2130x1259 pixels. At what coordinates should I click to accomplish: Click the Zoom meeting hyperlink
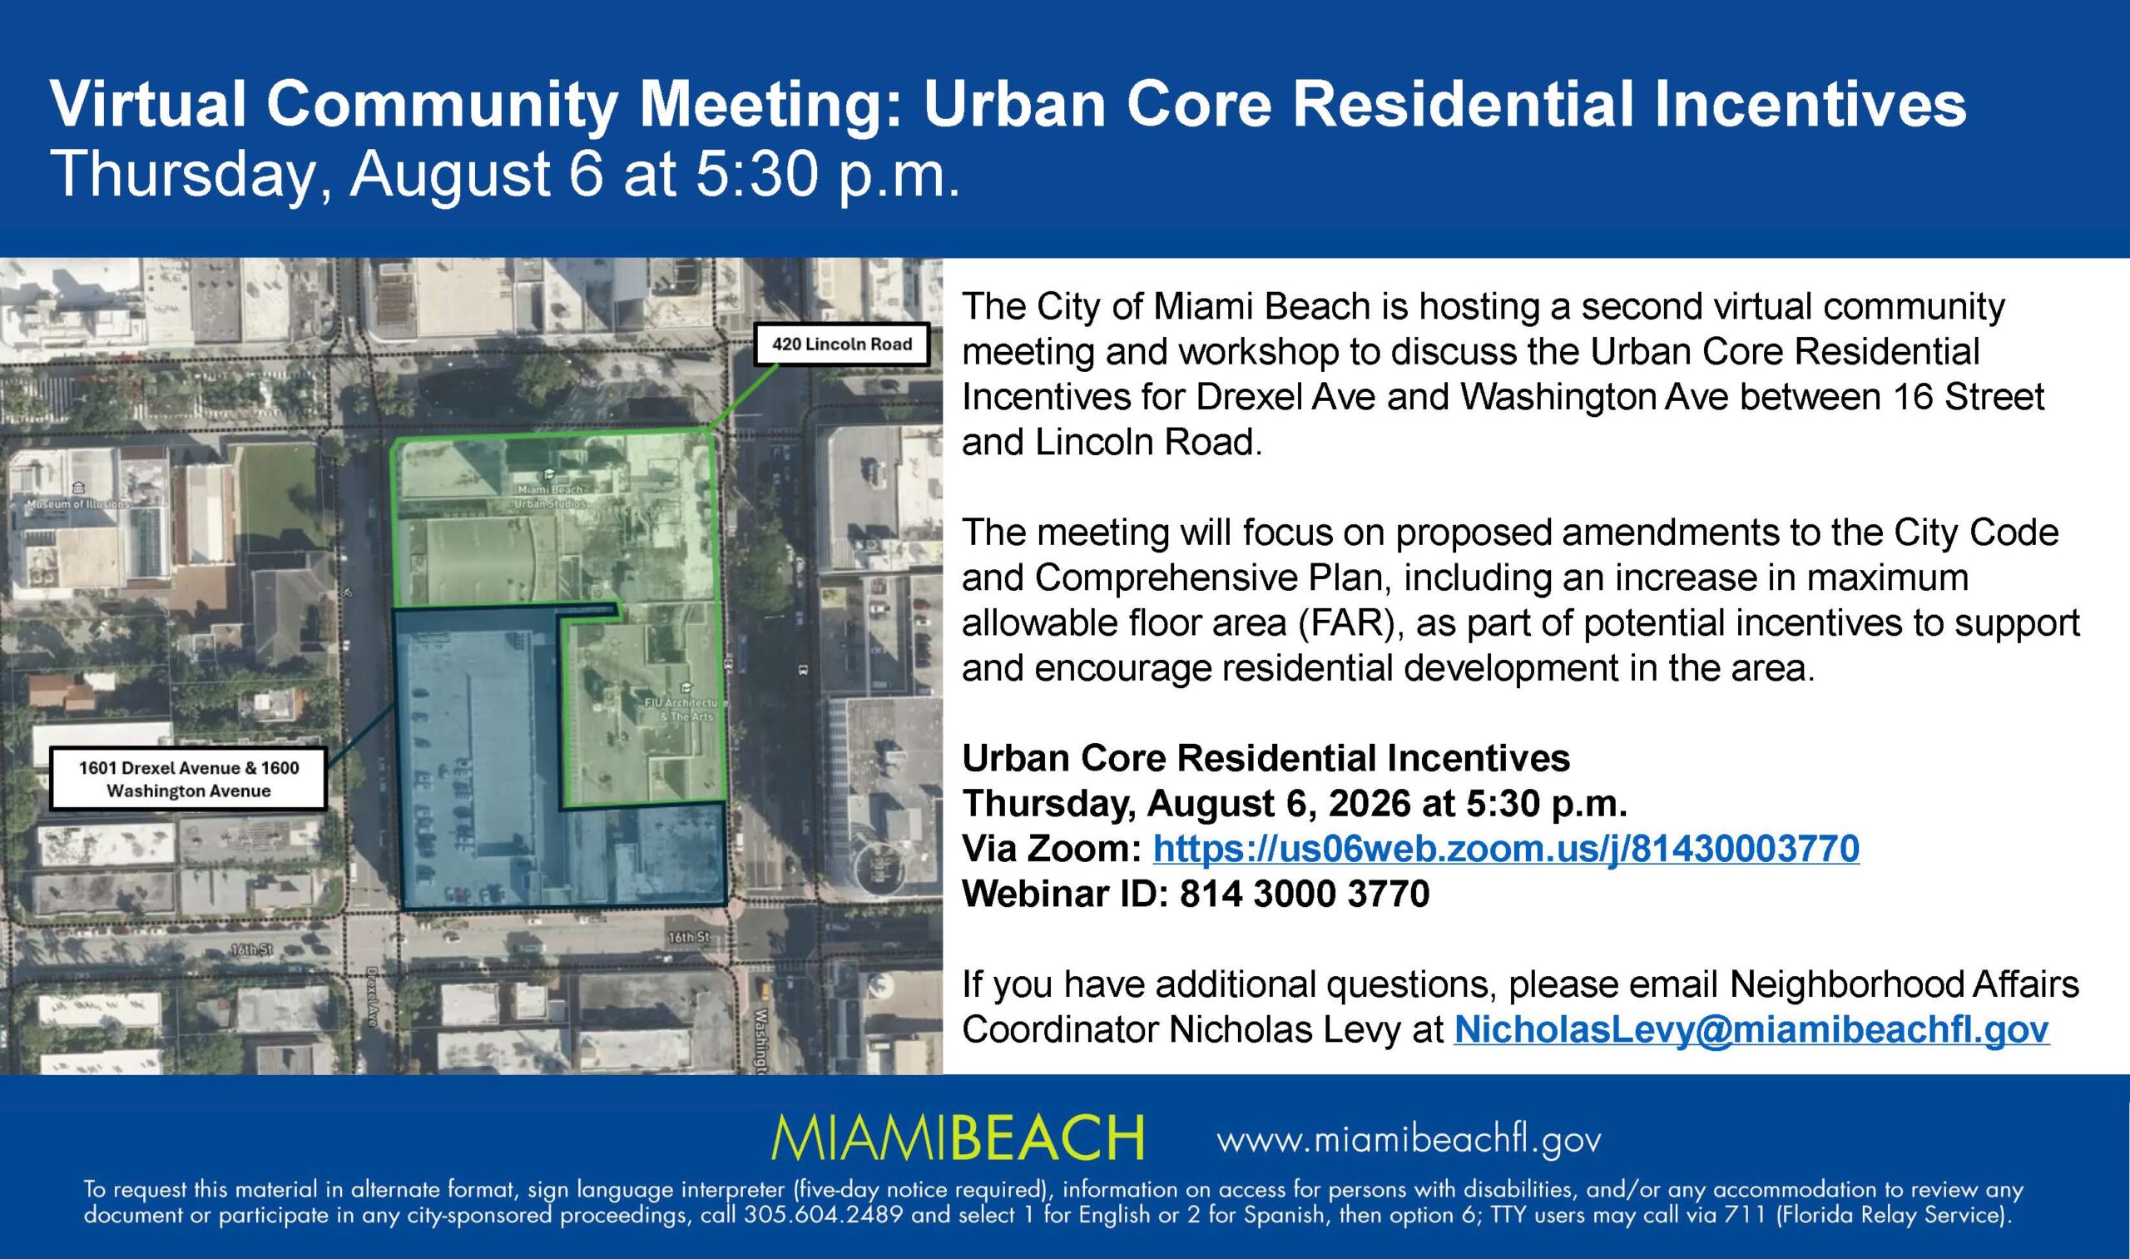click(1506, 849)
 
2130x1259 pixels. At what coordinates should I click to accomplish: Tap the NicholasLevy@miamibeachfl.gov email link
click(1751, 1029)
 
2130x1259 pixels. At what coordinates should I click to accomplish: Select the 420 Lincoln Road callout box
click(841, 344)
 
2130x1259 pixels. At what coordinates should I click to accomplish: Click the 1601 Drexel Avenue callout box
click(188, 779)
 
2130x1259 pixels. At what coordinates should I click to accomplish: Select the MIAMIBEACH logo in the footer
click(958, 1138)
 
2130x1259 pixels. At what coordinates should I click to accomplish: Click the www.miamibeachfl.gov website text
click(1409, 1140)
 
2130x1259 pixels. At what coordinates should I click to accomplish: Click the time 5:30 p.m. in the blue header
click(827, 176)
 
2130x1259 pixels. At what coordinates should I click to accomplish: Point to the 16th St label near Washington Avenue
click(688, 938)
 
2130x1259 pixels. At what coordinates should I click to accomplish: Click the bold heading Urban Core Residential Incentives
click(1266, 757)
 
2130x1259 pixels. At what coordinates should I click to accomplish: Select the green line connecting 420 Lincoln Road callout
click(744, 397)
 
